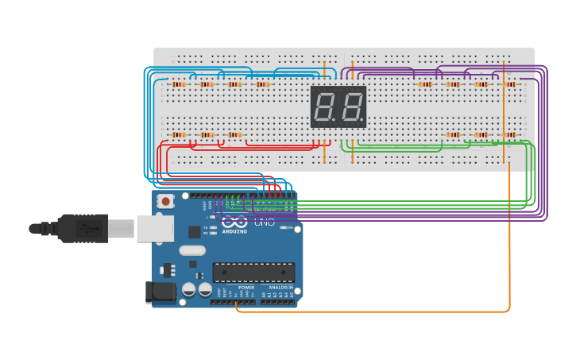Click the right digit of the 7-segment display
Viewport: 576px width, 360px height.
[x=351, y=106]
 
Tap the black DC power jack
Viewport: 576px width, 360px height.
[x=160, y=292]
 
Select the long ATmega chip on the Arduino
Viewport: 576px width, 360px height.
[x=253, y=273]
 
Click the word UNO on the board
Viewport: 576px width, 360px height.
[x=265, y=223]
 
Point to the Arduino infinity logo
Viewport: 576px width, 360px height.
[x=234, y=222]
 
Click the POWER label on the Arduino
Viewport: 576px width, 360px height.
[x=246, y=288]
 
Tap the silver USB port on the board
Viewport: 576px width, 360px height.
[x=154, y=228]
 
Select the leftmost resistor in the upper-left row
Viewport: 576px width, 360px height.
[x=178, y=84]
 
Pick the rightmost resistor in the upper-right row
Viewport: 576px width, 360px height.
[x=509, y=84]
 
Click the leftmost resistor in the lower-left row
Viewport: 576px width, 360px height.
[x=178, y=135]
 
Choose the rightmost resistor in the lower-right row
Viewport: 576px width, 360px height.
[x=509, y=135]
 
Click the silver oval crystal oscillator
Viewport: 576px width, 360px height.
[x=192, y=250]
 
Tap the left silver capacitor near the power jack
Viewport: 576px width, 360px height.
[x=189, y=290]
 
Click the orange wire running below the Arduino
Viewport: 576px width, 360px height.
[x=373, y=312]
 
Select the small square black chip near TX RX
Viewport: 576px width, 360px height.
[x=195, y=232]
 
